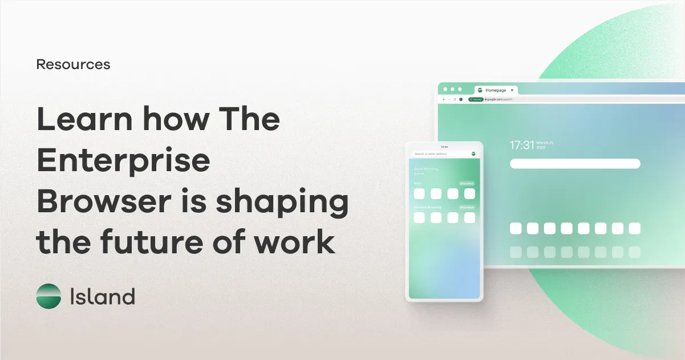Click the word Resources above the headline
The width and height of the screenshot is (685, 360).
coord(73,64)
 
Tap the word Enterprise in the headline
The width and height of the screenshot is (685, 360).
coord(124,159)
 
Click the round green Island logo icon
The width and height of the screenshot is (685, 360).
coord(48,297)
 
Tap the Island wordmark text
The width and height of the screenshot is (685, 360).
coord(102,297)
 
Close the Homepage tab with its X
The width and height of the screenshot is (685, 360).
coord(512,90)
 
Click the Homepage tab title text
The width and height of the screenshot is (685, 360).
coord(496,90)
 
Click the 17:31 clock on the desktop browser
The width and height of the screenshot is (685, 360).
coord(521,145)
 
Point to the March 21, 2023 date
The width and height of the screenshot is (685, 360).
coord(545,144)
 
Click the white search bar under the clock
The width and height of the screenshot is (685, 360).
coord(575,164)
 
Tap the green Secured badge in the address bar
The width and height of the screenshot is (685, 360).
coord(476,99)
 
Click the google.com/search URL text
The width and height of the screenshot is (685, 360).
coord(500,99)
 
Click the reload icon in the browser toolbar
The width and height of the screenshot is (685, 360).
coord(454,99)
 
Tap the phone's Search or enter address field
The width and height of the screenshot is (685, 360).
coord(439,154)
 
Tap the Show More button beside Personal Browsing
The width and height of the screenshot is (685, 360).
coord(467,207)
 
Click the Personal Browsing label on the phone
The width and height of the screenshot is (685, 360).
coord(428,207)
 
